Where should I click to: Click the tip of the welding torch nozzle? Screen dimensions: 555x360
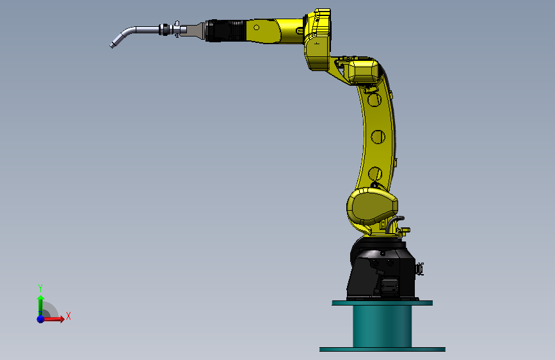111,46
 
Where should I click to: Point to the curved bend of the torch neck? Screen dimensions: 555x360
126,33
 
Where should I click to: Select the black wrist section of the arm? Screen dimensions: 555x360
225,31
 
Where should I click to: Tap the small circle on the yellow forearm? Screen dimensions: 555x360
256,28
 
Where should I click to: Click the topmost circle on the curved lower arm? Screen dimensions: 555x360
374,100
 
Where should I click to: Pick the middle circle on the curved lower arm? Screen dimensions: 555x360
378,137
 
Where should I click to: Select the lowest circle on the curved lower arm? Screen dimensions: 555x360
375,174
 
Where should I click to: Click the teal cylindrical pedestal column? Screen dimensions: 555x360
382,326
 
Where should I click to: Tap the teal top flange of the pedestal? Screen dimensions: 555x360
382,303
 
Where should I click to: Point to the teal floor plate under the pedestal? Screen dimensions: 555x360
382,349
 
